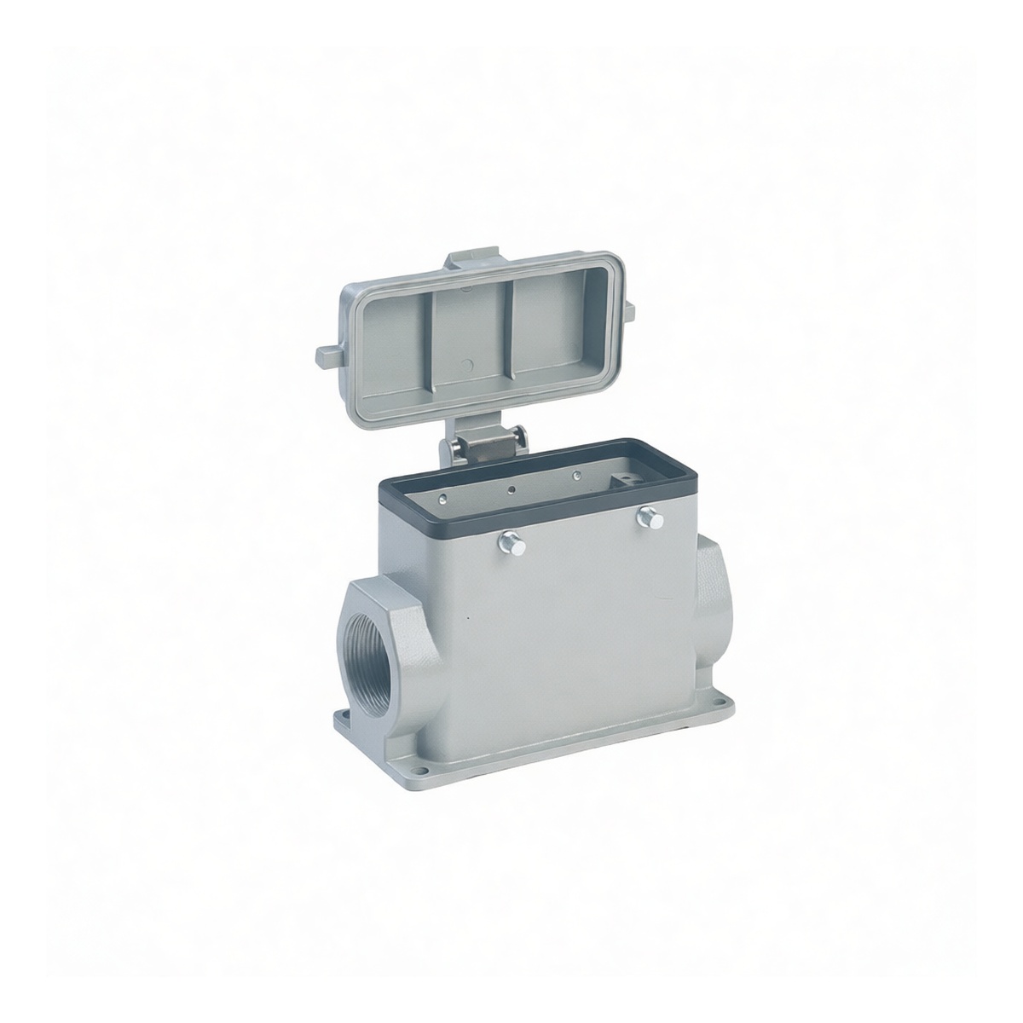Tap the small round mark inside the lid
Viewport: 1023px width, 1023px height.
[x=465, y=367]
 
